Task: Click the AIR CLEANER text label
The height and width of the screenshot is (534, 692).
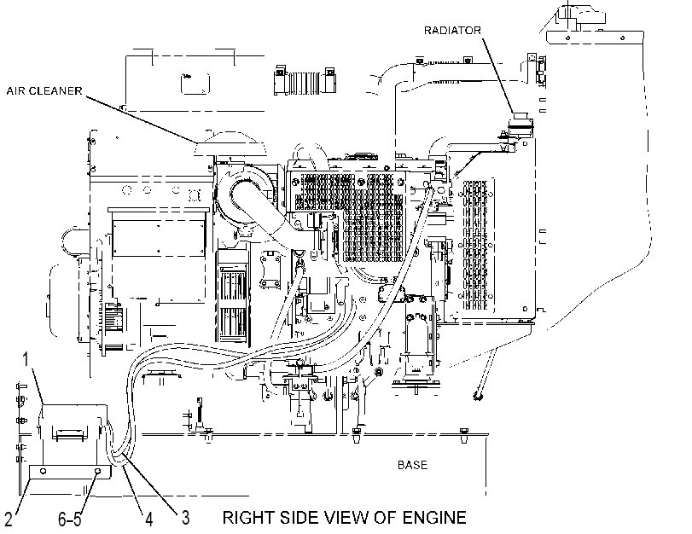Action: click(44, 91)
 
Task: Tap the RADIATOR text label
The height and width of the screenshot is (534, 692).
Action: click(452, 31)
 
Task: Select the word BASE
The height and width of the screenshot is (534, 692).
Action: click(412, 465)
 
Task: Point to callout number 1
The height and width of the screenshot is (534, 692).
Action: click(26, 359)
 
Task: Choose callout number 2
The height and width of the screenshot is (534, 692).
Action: click(9, 519)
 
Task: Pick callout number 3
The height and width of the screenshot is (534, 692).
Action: click(186, 518)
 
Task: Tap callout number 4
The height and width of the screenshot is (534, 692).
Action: click(149, 519)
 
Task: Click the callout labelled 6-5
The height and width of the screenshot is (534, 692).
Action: click(70, 519)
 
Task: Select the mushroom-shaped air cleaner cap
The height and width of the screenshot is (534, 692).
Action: click(230, 144)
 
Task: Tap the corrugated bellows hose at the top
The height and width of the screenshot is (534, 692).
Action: click(304, 81)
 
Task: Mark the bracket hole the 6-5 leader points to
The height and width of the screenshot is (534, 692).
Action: click(97, 472)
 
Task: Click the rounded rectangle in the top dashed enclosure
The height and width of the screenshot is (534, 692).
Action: click(195, 84)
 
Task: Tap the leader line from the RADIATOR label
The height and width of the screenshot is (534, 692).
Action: click(497, 75)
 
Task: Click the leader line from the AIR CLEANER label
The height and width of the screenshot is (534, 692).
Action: click(140, 119)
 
